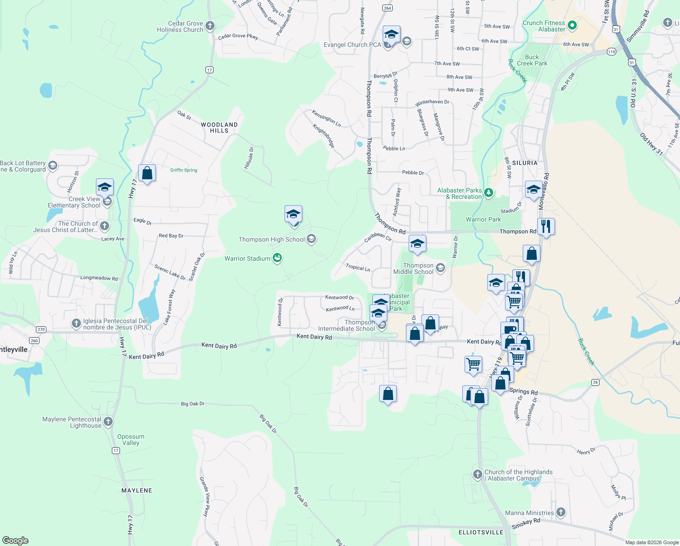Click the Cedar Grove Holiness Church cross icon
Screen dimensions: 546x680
210,26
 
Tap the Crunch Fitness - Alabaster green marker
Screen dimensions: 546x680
572,26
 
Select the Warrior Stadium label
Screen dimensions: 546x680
248,258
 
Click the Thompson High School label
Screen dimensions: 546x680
272,239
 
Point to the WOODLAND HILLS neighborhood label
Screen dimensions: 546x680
219,127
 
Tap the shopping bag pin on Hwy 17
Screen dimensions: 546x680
147,173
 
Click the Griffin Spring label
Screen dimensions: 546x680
184,170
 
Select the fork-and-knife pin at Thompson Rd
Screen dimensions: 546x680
546,226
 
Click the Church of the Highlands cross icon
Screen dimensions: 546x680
477,475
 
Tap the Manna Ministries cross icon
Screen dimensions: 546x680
561,512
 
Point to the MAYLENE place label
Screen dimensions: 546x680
137,490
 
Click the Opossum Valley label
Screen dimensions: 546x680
131,440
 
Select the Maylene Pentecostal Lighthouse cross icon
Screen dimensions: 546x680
108,422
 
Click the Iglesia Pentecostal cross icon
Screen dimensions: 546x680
76,324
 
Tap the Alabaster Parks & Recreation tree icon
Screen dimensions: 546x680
489,193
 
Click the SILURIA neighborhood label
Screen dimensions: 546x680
525,163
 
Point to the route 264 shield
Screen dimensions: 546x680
387,8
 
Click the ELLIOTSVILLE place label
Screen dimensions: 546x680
481,532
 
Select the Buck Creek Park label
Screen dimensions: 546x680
532,60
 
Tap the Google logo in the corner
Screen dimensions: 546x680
15,541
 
